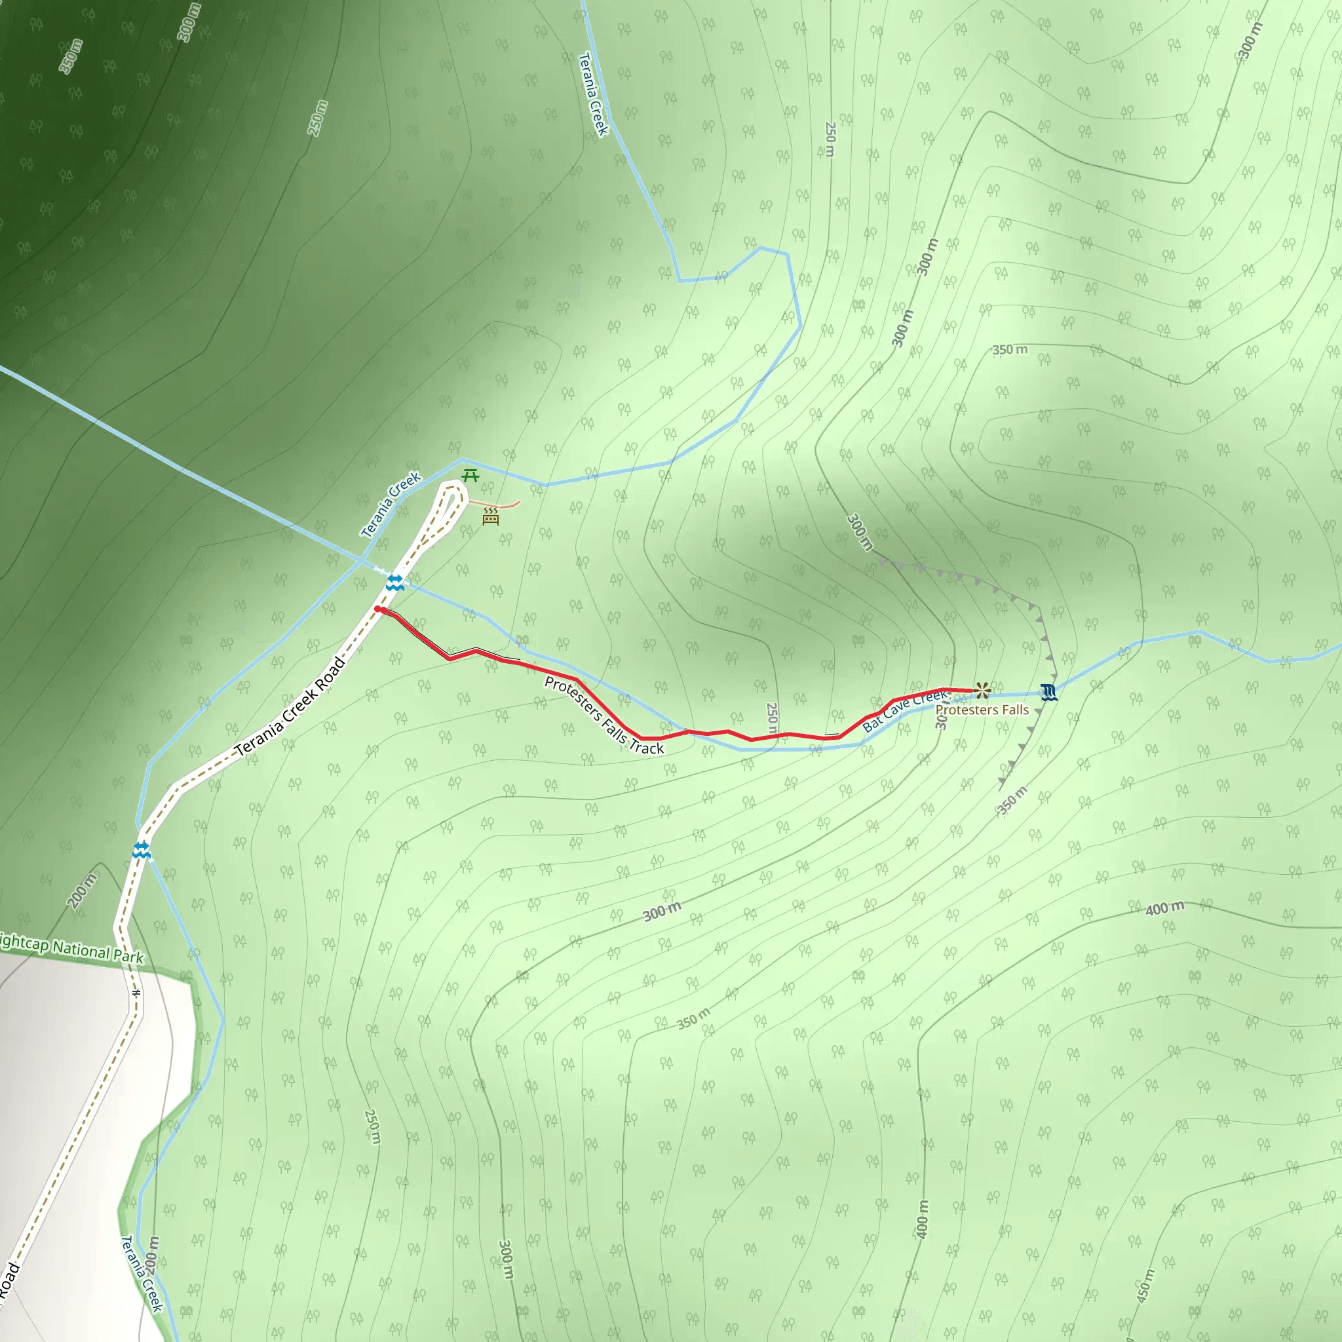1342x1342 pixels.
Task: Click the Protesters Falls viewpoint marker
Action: pyautogui.click(x=982, y=690)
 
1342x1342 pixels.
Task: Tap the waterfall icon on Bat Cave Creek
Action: pyautogui.click(x=1048, y=693)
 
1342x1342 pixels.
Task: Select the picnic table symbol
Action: pyautogui.click(x=470, y=476)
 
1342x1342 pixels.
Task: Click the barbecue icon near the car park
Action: pyautogui.click(x=490, y=516)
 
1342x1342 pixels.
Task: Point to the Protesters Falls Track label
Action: pyautogui.click(x=604, y=716)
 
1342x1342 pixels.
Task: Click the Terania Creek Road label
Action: pyautogui.click(x=290, y=706)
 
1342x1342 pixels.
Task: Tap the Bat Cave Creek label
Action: pyautogui.click(x=904, y=710)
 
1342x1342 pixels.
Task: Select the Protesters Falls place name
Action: pyautogui.click(x=982, y=710)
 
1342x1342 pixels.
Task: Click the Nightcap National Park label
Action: pyautogui.click(x=69, y=948)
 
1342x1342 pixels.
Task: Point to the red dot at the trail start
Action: pyautogui.click(x=378, y=609)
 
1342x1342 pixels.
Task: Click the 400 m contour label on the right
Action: pyautogui.click(x=1165, y=908)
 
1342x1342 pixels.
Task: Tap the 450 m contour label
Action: pyautogui.click(x=1145, y=1285)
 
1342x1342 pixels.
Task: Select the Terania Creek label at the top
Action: pyautogui.click(x=593, y=94)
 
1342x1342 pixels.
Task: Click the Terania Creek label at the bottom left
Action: pyautogui.click(x=142, y=1273)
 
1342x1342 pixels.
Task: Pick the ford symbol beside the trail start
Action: pyautogui.click(x=394, y=582)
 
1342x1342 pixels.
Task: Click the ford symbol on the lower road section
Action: pyautogui.click(x=141, y=849)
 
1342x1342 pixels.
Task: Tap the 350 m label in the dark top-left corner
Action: pyautogui.click(x=70, y=57)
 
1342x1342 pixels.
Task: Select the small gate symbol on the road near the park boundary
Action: pyautogui.click(x=137, y=993)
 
